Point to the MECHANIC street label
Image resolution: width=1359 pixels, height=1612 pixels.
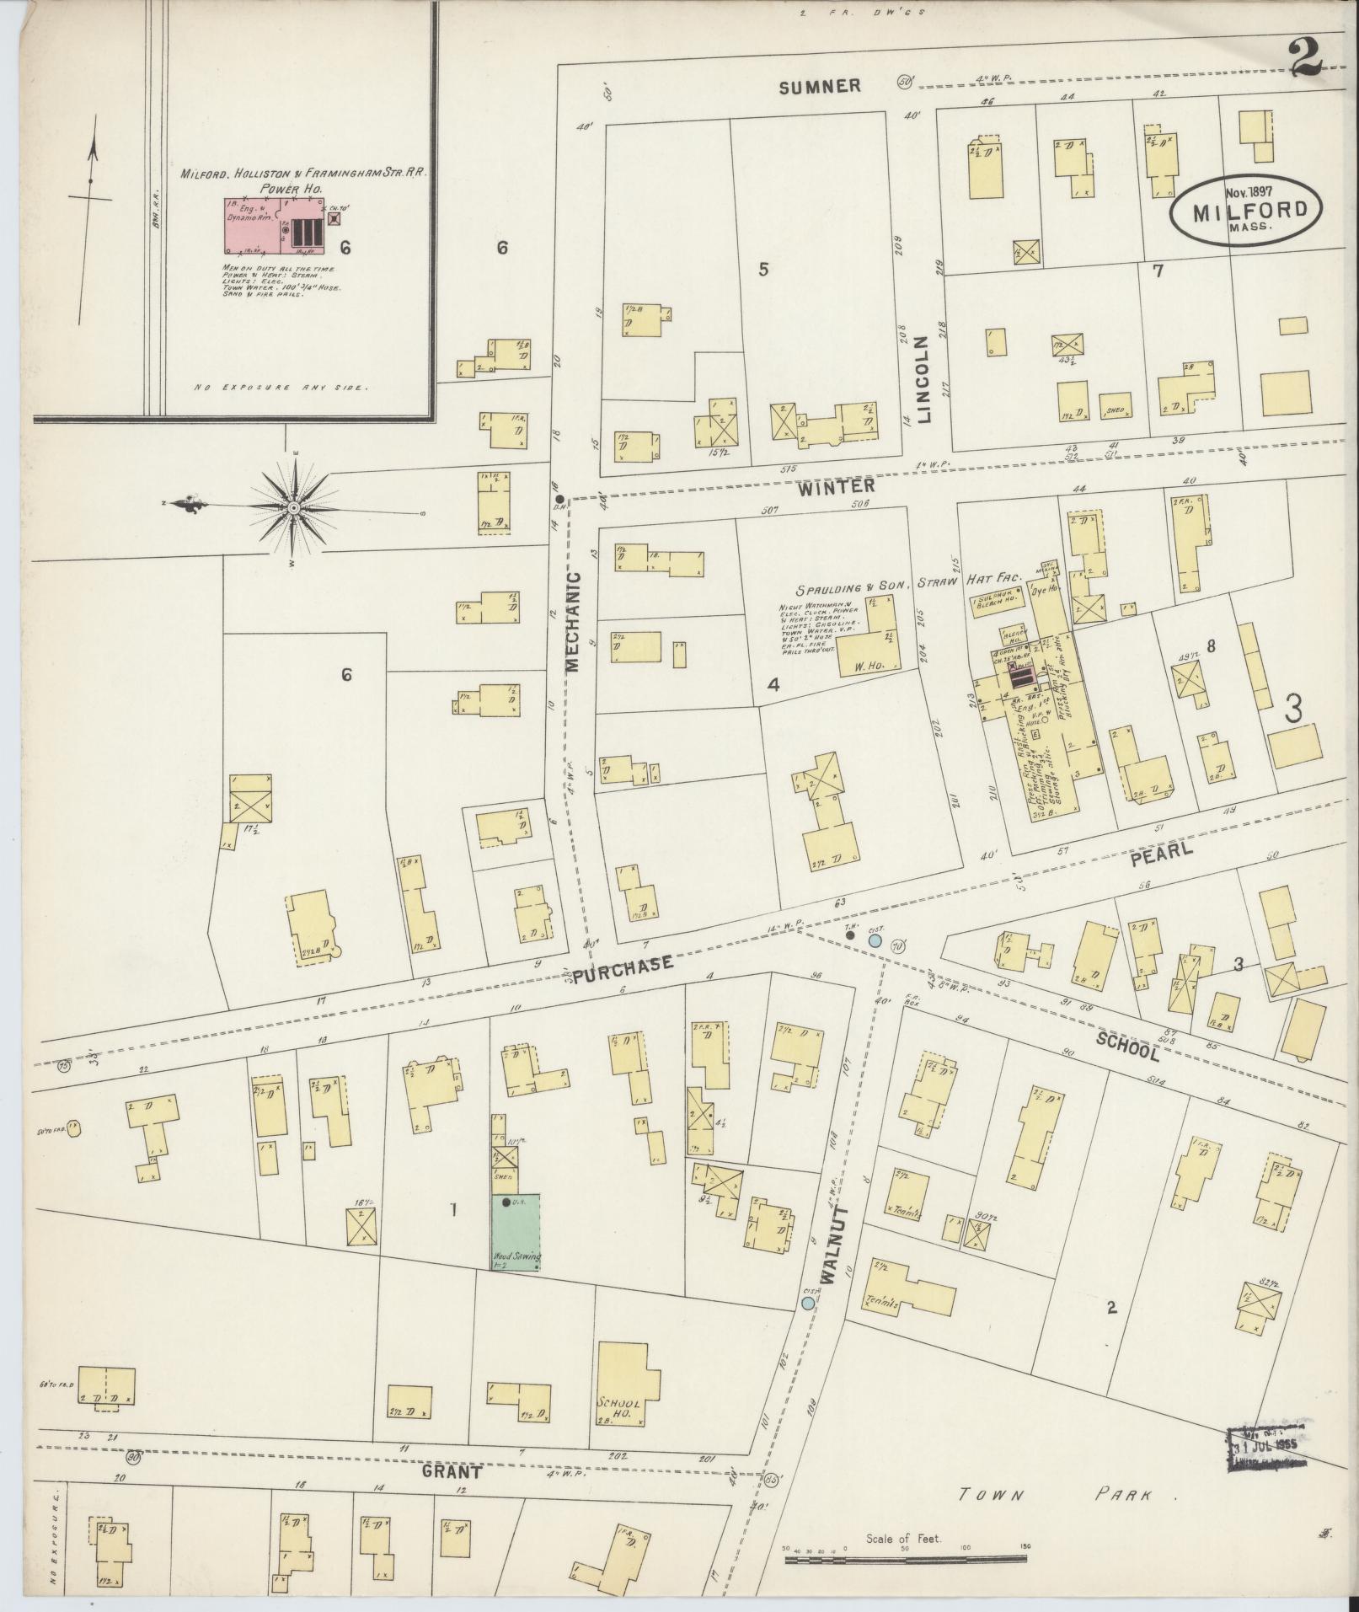pos(573,621)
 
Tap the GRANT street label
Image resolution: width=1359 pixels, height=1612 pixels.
pos(453,1472)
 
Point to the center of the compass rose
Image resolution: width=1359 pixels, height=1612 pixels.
pos(292,508)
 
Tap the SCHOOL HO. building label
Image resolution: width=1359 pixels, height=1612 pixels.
pos(620,1410)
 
